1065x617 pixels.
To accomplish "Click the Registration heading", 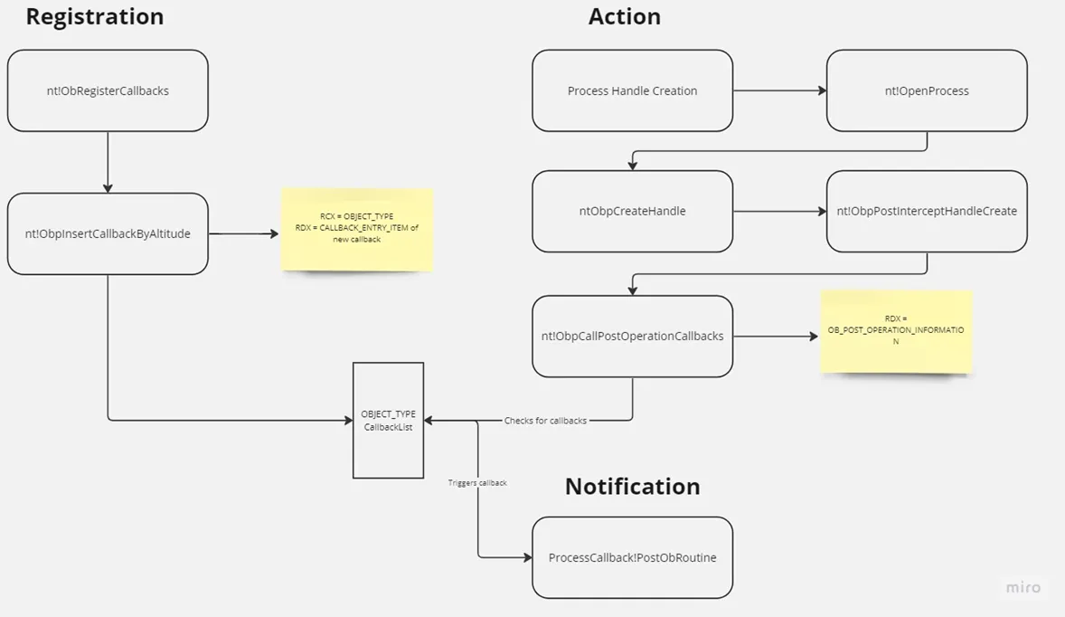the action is tap(94, 17).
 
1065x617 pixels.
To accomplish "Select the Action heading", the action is tap(624, 17).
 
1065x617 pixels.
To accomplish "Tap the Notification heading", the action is tap(632, 487).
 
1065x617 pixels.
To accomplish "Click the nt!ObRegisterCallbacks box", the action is tap(108, 90).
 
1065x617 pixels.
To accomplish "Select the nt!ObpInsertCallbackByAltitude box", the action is tap(108, 233).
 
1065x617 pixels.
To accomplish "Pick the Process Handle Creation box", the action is tap(632, 90).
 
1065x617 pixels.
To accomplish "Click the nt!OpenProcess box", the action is tap(927, 90).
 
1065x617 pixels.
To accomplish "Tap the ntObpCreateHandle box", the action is tap(632, 212).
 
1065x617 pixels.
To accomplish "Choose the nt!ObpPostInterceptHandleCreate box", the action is tap(927, 212).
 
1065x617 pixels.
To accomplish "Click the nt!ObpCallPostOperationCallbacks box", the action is tap(632, 337).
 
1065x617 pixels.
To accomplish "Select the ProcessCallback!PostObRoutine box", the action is tap(632, 558).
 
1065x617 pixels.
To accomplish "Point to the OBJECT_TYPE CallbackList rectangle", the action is tap(389, 421).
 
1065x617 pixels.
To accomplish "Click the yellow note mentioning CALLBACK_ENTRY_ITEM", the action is tap(357, 230).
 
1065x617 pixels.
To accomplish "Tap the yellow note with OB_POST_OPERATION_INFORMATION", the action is tap(896, 332).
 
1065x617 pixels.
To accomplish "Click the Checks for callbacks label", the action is tap(545, 421).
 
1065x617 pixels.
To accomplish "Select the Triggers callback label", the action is tap(477, 483).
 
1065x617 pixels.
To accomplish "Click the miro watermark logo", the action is tap(1023, 587).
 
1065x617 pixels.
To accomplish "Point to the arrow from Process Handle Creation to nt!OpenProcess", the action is tap(779, 90).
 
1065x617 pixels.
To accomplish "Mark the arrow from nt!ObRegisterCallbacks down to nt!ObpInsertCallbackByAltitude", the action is tap(108, 163).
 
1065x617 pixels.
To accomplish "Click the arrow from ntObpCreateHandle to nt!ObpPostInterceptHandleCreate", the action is tap(779, 212).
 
